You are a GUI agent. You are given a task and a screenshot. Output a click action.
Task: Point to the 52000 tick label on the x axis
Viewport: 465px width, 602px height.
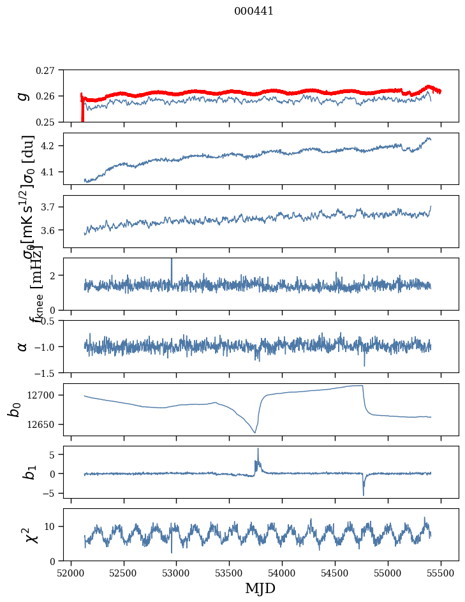[71, 572]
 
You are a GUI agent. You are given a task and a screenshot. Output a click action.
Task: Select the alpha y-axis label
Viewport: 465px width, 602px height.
[23, 346]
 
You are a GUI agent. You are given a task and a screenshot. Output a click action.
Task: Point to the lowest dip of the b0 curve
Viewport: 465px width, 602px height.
[255, 432]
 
